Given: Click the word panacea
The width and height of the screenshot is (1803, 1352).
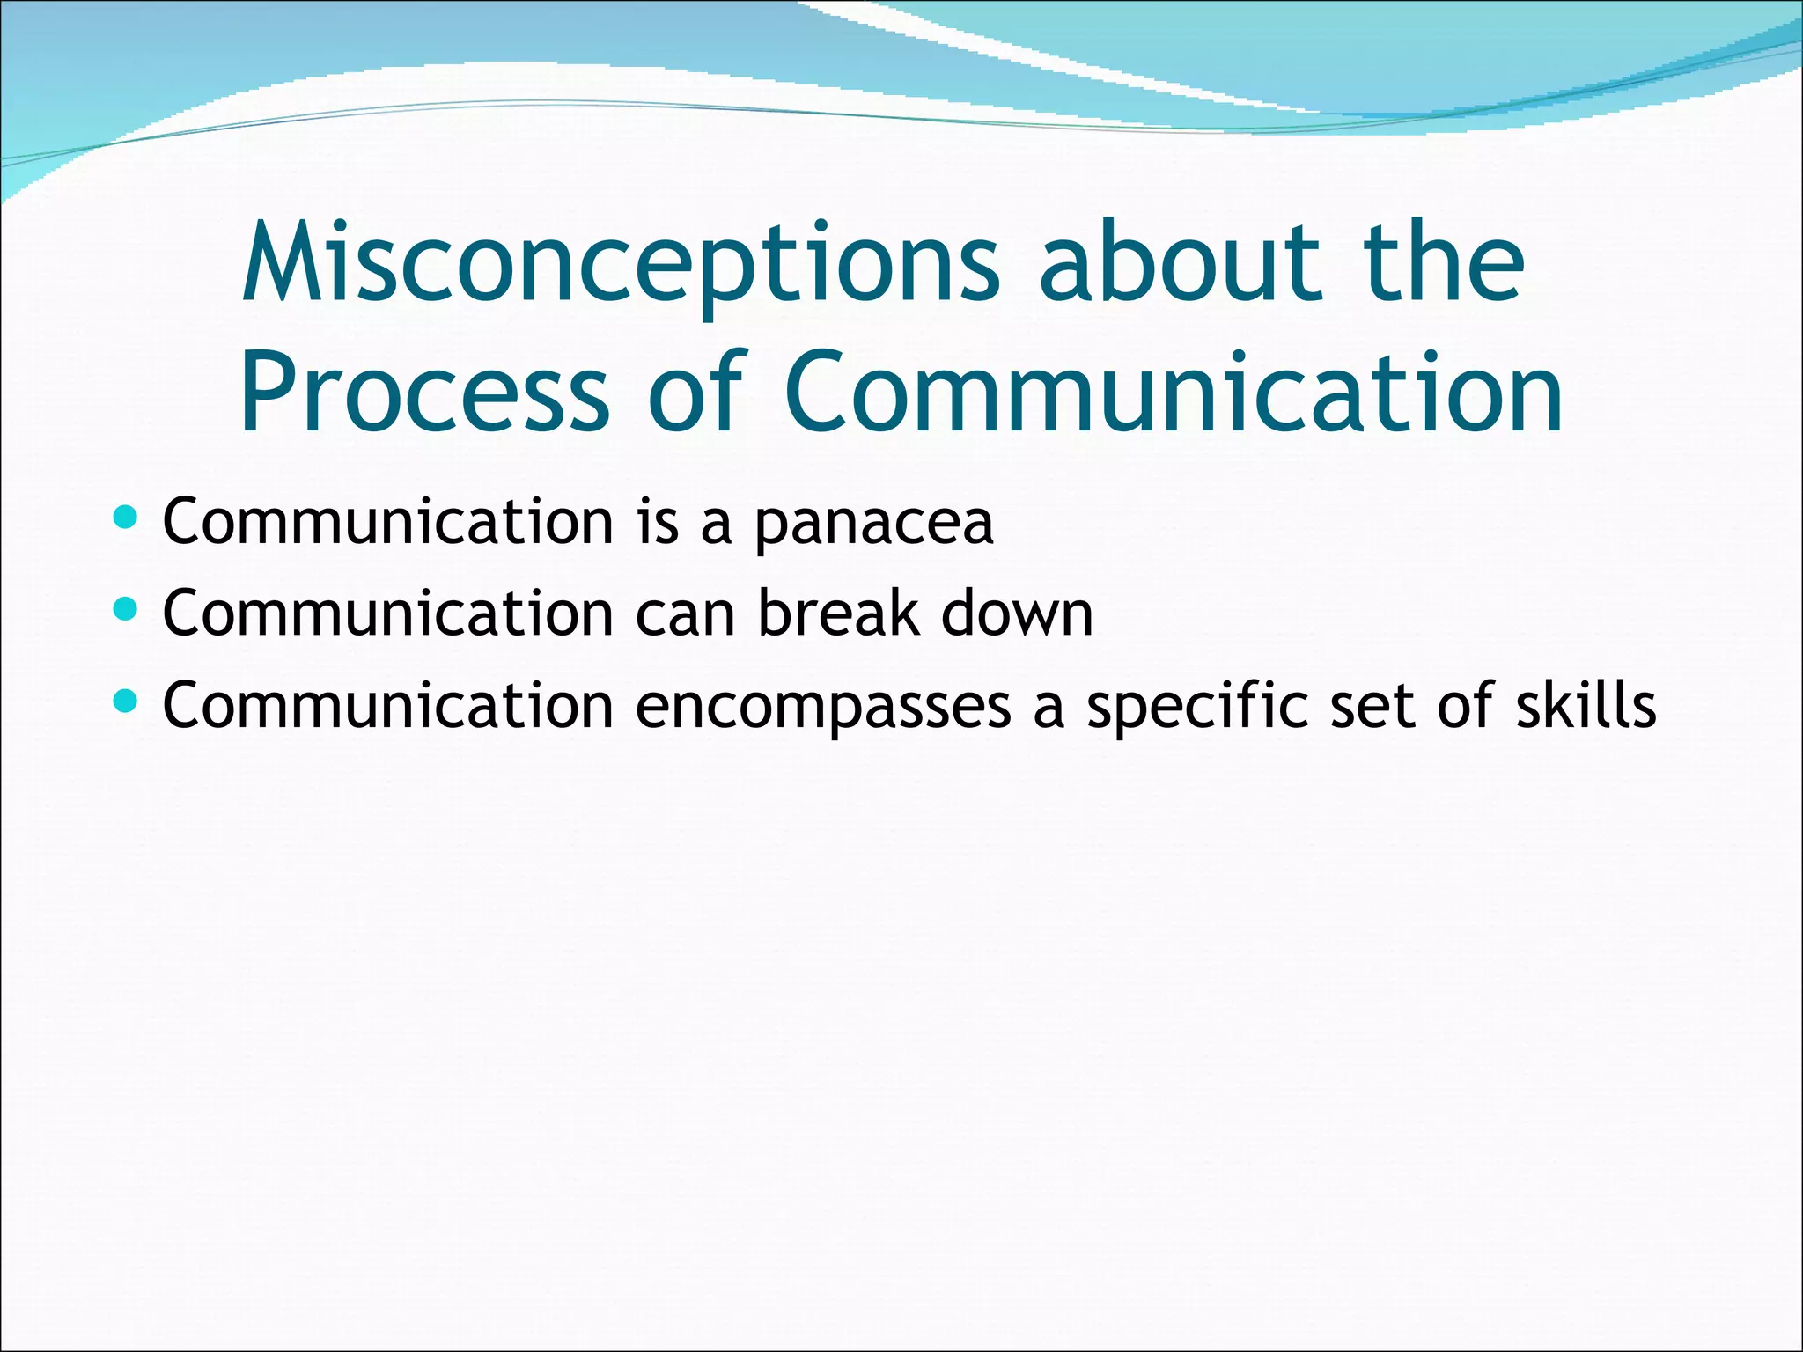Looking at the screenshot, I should point(873,524).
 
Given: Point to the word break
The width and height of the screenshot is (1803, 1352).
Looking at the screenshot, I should point(838,614).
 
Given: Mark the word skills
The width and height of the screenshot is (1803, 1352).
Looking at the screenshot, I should point(1586,705).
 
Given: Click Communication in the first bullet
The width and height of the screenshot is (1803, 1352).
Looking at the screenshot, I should point(388,522).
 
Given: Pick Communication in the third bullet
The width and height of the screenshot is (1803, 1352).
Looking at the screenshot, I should point(388,706).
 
